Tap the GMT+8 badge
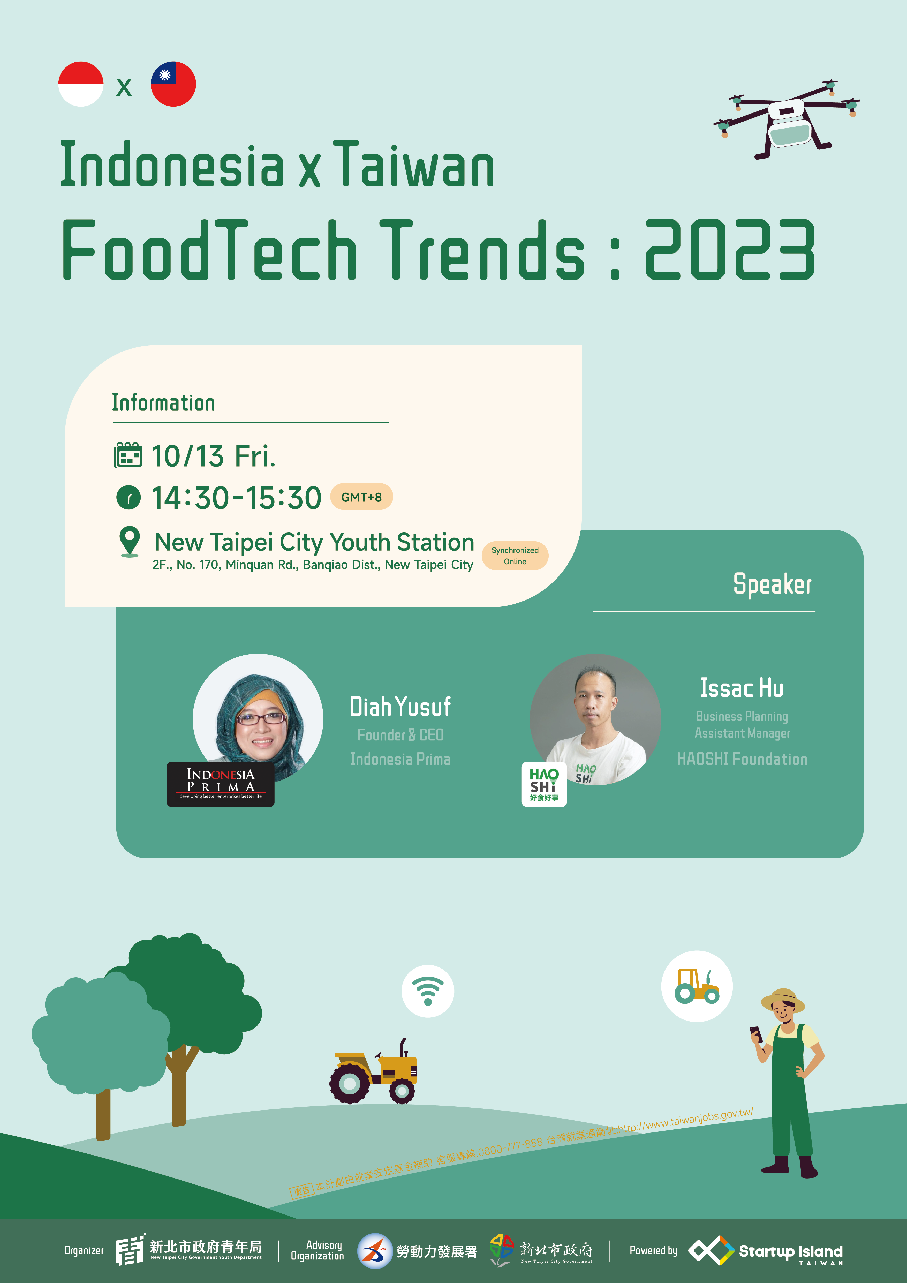point(361,497)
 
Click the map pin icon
point(130,542)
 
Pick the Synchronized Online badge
point(515,556)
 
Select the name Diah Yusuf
point(400,707)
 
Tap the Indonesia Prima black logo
point(221,784)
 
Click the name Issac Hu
point(742,688)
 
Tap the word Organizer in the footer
point(84,1251)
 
